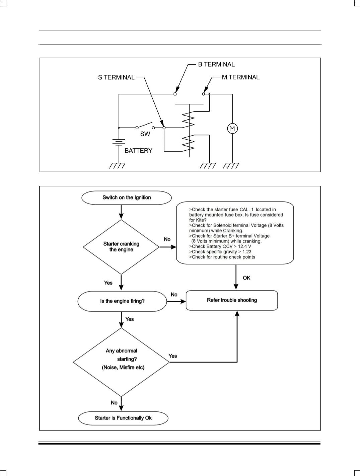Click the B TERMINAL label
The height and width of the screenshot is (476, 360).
[x=216, y=64]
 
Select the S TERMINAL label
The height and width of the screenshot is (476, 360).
[x=116, y=77]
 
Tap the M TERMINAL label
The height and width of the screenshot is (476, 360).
[x=240, y=77]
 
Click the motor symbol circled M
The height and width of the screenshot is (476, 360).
[x=232, y=129]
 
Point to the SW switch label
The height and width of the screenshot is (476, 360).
[x=145, y=134]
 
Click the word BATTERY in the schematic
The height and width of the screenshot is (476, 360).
[x=138, y=151]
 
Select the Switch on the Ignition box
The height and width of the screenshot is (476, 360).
[x=127, y=198]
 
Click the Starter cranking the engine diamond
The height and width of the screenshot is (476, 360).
[x=121, y=247]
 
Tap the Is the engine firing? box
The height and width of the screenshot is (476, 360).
[x=122, y=301]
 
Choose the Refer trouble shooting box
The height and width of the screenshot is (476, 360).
[x=232, y=300]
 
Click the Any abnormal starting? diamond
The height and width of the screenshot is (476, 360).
[x=121, y=362]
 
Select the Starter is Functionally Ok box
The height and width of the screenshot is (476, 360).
[x=123, y=418]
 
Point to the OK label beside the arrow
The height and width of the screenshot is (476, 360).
[x=246, y=278]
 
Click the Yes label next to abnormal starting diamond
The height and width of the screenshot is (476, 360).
[x=172, y=356]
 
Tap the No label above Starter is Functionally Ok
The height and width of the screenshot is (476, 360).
[x=114, y=402]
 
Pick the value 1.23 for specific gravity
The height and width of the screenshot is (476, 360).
[x=247, y=252]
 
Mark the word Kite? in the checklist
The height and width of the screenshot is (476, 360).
[x=201, y=220]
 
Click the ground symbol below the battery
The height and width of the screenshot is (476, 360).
[x=117, y=166]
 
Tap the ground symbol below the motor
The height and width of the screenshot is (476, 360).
[x=231, y=166]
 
